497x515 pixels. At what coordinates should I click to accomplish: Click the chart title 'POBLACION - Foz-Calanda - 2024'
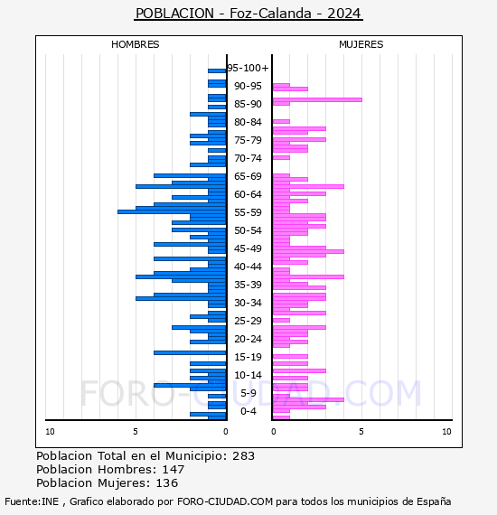(248, 14)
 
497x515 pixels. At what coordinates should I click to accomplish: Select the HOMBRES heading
(135, 44)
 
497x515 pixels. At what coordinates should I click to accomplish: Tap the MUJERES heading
(361, 44)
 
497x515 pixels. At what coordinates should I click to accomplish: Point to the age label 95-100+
(248, 68)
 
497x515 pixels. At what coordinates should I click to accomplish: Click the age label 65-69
(248, 176)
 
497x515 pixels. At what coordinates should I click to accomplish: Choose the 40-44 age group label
(248, 267)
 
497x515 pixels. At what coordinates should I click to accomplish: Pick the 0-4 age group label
(248, 411)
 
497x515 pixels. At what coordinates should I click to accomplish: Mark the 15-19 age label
(248, 357)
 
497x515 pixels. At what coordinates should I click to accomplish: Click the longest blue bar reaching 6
(172, 211)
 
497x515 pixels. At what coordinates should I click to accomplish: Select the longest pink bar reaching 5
(317, 100)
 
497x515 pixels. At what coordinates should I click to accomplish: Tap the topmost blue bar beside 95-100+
(217, 71)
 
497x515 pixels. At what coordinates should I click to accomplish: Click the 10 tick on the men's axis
(50, 432)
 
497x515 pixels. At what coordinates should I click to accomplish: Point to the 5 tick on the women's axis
(361, 432)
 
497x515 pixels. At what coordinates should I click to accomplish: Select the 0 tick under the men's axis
(226, 432)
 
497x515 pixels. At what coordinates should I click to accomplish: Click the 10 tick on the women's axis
(446, 432)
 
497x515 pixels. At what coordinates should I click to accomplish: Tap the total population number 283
(243, 456)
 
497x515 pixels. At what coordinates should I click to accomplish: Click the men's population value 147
(173, 470)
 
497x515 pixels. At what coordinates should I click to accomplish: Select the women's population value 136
(167, 483)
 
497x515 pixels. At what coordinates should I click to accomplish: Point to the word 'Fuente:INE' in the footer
(32, 501)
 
